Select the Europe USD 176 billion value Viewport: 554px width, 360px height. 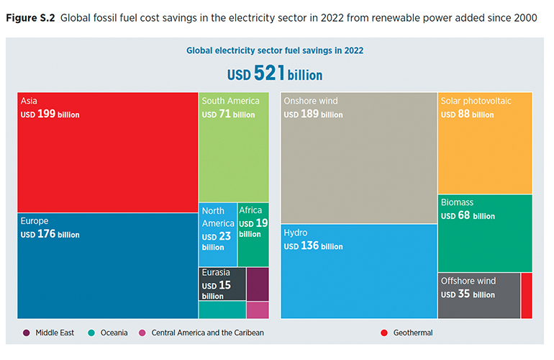[x=50, y=235]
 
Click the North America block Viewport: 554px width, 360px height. [x=217, y=234]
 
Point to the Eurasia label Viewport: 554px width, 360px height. [x=216, y=272]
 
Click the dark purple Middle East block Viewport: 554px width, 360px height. [x=257, y=284]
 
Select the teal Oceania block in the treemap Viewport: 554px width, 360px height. [x=222, y=310]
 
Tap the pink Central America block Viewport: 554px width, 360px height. [x=257, y=310]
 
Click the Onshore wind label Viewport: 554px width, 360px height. [x=310, y=101]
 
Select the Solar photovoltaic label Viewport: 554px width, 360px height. [x=476, y=101]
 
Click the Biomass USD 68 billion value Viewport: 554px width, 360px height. [x=468, y=216]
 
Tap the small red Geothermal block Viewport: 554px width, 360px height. [x=526, y=295]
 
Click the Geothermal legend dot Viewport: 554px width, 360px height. [x=383, y=333]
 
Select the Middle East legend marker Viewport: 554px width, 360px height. [x=27, y=333]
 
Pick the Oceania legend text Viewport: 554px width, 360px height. [x=114, y=333]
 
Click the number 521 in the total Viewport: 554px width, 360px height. [x=269, y=73]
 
